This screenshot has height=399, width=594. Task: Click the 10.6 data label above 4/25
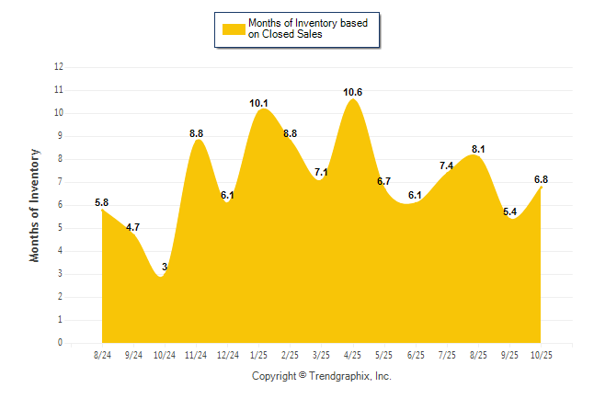click(353, 92)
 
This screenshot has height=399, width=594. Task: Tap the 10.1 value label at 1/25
click(259, 103)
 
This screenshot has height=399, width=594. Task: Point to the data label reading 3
click(165, 267)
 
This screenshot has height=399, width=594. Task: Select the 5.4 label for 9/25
click(509, 211)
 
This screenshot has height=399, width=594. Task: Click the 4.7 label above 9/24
click(133, 227)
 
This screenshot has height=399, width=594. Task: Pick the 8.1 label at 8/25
click(478, 149)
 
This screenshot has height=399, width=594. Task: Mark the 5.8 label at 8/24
click(102, 202)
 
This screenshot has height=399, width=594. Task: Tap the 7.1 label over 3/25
click(322, 172)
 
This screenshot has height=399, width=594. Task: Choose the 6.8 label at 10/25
click(541, 179)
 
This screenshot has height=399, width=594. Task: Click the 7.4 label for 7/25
click(447, 165)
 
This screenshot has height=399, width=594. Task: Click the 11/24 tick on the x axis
click(196, 354)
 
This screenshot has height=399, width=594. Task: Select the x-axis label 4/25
click(353, 354)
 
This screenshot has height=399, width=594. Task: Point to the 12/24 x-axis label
click(227, 354)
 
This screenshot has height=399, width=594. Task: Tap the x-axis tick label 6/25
click(416, 354)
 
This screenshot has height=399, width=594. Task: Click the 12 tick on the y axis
click(59, 67)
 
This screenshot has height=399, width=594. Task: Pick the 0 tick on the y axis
click(61, 343)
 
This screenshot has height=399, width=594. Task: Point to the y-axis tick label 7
click(61, 182)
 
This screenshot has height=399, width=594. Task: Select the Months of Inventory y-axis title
click(35, 205)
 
